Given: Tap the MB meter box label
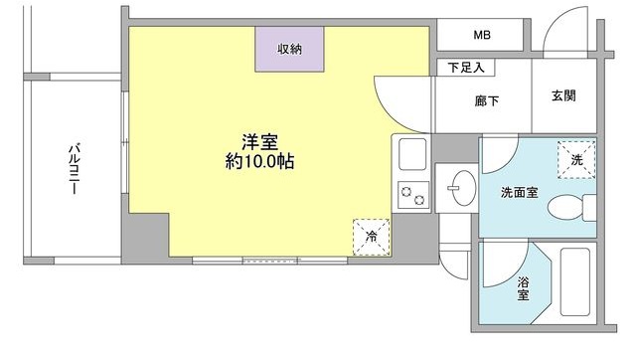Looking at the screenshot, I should pos(481,36).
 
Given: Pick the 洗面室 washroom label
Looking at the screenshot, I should pos(519,192).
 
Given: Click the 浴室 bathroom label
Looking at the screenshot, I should pos(523,288).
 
